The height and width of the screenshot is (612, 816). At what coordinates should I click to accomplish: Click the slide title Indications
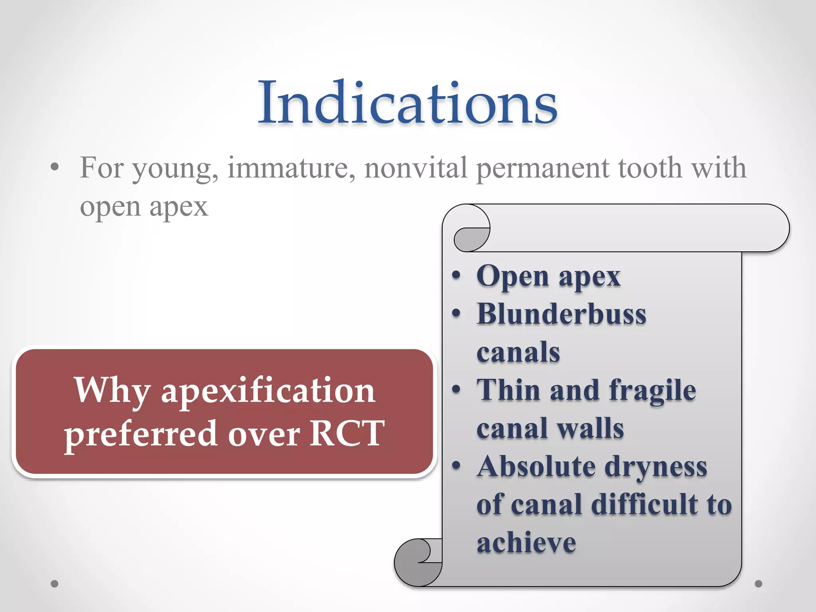pos(407,103)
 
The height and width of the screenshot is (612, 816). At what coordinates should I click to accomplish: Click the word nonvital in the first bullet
pos(416,168)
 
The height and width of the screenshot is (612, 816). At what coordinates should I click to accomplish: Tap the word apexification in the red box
pos(268,392)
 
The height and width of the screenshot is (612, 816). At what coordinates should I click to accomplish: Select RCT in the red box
pos(347,433)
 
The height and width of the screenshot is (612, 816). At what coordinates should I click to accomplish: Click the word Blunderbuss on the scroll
pos(561,315)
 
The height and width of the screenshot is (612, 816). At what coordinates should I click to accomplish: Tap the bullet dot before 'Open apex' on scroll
pos(456,275)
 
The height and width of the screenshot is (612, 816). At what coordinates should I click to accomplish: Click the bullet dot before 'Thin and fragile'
pos(456,389)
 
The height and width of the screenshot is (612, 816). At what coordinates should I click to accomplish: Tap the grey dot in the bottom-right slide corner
pos(758,584)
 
